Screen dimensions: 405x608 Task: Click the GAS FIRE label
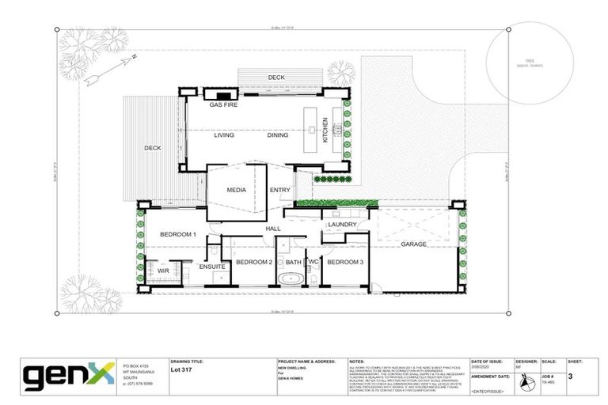tap(223, 104)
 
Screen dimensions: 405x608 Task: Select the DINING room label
tap(278, 135)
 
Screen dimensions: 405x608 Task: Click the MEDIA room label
tap(236, 191)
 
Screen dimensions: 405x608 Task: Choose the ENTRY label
tap(279, 191)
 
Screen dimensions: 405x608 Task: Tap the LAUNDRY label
tap(340, 225)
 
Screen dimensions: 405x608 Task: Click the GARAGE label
tap(413, 244)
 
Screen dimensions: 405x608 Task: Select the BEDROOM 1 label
tap(178, 235)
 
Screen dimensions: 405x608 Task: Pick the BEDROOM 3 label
tap(345, 262)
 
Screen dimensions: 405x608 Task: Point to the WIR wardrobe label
tap(164, 271)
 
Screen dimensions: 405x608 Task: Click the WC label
tap(313, 262)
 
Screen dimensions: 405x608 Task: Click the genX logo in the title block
tap(70, 377)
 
